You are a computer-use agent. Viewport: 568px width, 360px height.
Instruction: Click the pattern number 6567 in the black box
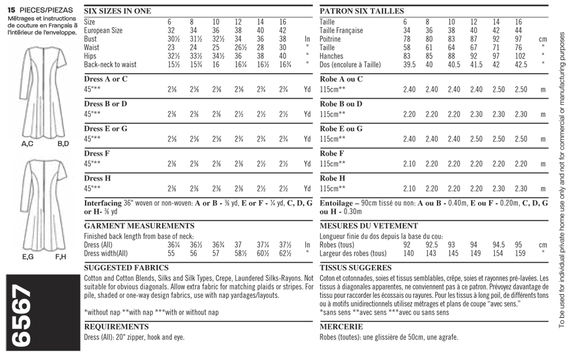tap(23, 317)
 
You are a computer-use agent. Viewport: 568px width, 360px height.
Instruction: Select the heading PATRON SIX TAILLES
tap(361, 11)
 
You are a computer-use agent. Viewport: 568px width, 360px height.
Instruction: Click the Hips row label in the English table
tap(91, 55)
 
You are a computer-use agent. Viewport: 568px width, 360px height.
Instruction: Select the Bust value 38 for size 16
tap(282, 38)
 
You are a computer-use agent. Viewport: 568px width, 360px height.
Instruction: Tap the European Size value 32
tap(171, 30)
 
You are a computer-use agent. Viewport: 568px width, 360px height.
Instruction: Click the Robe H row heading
tap(335, 178)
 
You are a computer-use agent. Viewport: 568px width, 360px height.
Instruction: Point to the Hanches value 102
tap(520, 55)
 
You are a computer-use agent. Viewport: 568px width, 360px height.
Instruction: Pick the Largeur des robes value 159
tap(520, 253)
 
